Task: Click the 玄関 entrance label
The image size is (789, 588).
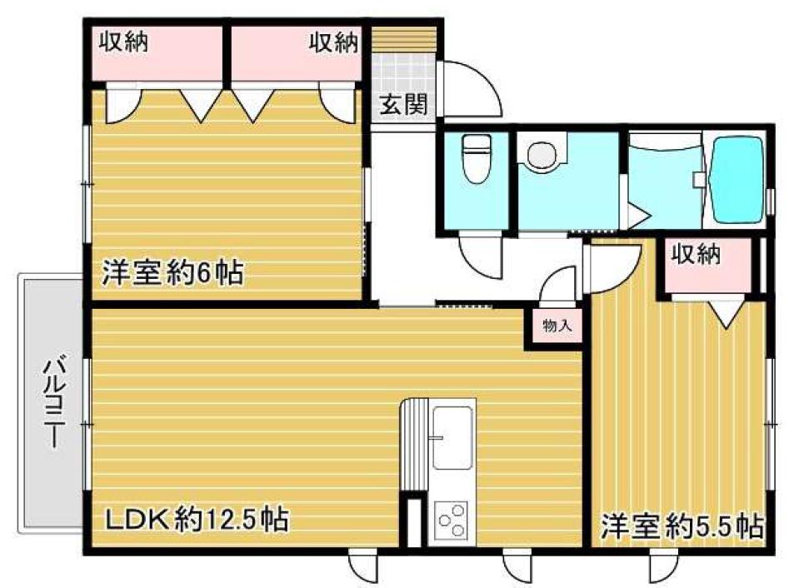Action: [x=404, y=105]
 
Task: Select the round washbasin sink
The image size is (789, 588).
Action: [x=542, y=155]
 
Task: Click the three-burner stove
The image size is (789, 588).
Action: [x=452, y=522]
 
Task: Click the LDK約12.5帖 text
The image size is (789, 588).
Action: [x=196, y=520]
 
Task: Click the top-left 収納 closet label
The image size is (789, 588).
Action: [x=124, y=42]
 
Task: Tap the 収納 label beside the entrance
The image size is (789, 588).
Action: [x=334, y=42]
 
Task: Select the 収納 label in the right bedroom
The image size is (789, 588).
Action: [x=697, y=257]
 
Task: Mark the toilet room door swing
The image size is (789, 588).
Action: [x=478, y=258]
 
